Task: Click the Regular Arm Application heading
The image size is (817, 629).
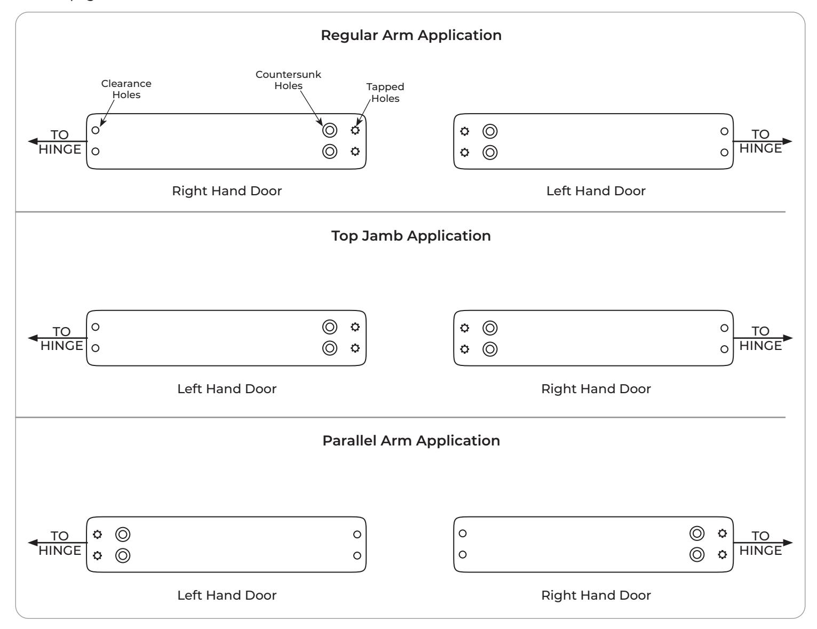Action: pos(411,35)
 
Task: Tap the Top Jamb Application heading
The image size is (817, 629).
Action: pos(411,236)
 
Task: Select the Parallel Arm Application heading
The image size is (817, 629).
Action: pos(411,440)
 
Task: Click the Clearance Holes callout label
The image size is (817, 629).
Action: pos(126,89)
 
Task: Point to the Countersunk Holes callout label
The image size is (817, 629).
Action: pos(288,80)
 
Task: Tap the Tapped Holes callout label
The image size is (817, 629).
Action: pos(385,92)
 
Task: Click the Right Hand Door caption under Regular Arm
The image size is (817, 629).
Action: pos(227,191)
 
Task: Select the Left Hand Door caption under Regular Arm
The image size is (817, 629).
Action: pos(596,191)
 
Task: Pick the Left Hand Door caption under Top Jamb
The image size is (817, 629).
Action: pos(227,388)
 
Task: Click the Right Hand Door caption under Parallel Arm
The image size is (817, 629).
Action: pos(596,595)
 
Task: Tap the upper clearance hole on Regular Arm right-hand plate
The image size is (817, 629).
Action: pos(96,130)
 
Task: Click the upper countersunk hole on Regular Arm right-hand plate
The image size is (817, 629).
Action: pos(330,130)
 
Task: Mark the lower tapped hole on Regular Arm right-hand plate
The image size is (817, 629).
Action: pos(355,152)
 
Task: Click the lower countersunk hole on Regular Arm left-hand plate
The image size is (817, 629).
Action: pos(490,153)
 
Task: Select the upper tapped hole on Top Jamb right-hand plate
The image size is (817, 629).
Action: pos(465,328)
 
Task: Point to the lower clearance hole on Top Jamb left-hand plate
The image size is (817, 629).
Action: pos(96,348)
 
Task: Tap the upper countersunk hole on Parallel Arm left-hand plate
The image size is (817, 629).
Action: pos(123,535)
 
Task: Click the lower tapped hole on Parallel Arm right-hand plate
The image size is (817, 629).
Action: pos(722,555)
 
